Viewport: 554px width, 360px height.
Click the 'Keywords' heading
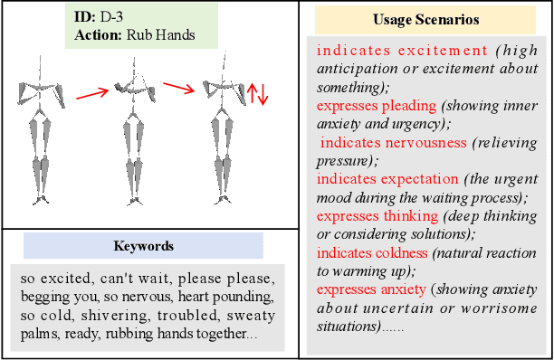tap(143, 245)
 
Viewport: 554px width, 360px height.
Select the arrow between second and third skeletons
tap(179, 89)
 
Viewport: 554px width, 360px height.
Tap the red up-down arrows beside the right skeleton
tap(258, 92)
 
